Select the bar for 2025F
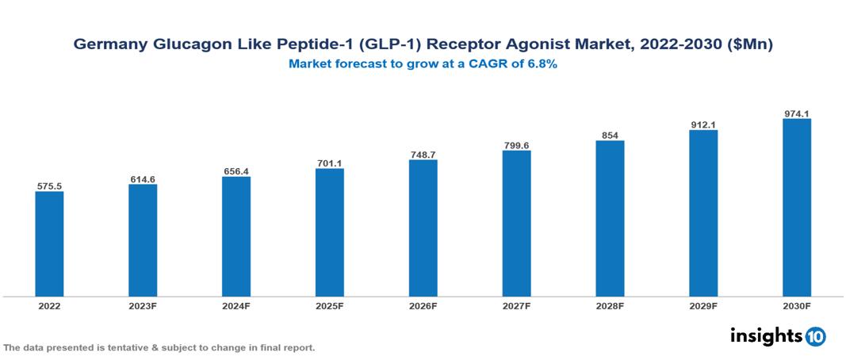pos(330,232)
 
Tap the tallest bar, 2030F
pos(796,208)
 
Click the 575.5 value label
pos(49,186)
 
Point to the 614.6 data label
pos(143,179)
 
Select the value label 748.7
pos(423,155)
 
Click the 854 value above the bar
pos(610,135)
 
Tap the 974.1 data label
pos(796,113)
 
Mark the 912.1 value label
pos(703,124)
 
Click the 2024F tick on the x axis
pos(236,305)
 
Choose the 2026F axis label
pos(423,305)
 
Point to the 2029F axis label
pos(703,305)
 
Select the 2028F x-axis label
pos(610,305)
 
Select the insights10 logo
pos(778,336)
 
